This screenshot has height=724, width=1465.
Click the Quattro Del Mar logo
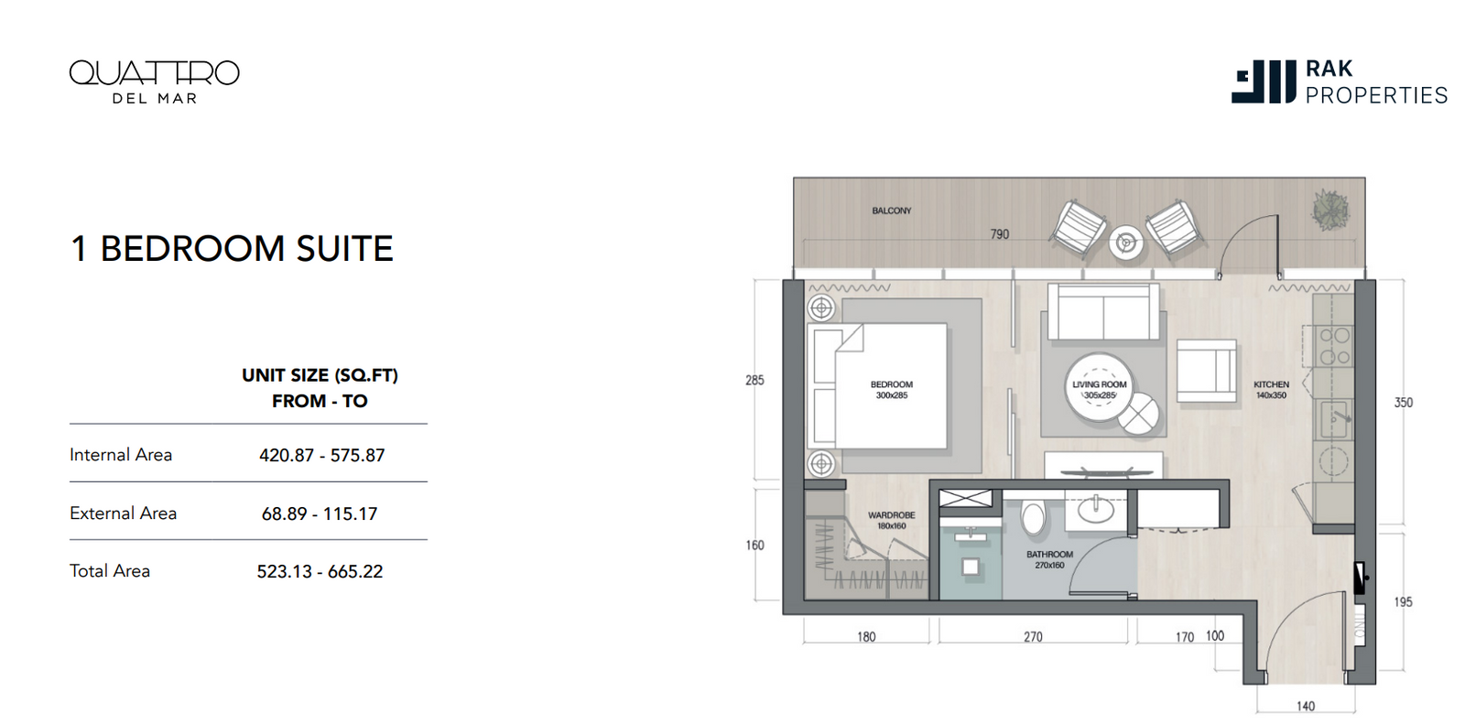155,81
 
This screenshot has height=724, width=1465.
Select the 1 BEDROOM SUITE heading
232,249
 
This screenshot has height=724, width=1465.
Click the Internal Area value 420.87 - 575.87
321,455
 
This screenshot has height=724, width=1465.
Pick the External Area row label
123,513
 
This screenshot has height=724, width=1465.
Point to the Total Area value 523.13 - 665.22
320,572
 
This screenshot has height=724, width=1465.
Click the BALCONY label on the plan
892,211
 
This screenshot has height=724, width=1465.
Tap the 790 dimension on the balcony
999,234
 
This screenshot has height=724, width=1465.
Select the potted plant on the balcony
1330,210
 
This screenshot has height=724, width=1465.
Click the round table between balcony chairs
1125,243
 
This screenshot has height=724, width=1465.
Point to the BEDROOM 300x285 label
892,390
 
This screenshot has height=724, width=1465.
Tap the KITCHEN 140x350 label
1271,390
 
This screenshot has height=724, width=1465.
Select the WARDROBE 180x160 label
892,521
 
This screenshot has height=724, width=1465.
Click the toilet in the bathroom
1034,516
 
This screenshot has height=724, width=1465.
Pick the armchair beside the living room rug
1206,371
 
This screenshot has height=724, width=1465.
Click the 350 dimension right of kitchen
1404,403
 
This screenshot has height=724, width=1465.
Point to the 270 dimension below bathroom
1033,637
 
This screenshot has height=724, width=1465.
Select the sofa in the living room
1103,311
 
